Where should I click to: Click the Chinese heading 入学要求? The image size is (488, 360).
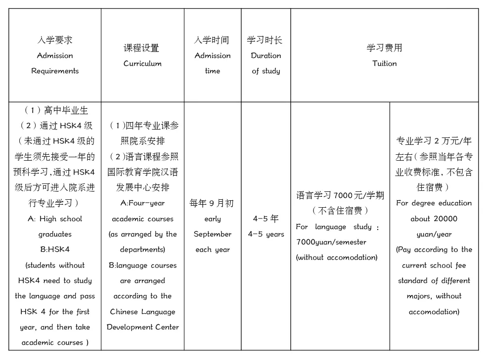55,40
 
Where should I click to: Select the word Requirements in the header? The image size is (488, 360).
55,71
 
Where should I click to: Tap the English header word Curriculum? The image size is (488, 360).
142,64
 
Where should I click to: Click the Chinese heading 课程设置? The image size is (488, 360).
142,48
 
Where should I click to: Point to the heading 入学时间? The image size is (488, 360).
213,40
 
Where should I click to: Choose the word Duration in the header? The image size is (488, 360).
266,55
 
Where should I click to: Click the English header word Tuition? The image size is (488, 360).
385,63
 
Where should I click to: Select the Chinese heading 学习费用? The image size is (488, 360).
385,48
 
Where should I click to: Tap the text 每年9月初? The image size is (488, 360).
212,203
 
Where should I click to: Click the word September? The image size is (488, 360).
213,234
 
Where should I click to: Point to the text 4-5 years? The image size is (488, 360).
266,234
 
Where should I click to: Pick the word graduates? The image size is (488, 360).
55,234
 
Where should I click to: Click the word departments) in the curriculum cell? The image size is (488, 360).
142,250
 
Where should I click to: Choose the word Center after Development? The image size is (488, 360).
165,327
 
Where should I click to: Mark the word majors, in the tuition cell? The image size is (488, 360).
434,296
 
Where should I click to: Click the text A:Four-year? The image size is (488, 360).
142,203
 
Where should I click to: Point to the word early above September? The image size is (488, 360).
213,219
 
